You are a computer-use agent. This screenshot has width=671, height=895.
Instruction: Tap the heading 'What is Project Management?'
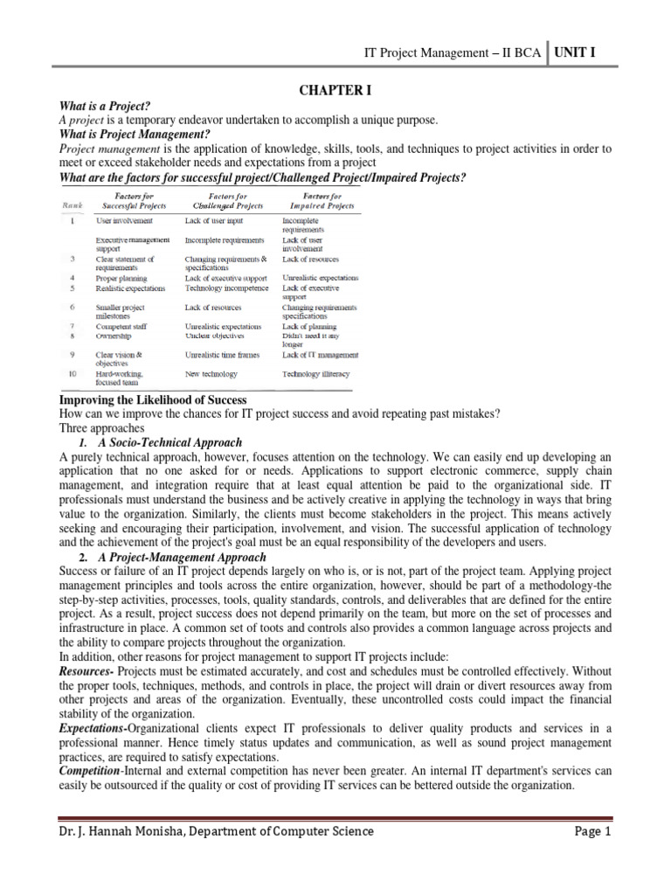tap(134, 134)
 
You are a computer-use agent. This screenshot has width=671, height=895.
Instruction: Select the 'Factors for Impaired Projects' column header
tap(316, 200)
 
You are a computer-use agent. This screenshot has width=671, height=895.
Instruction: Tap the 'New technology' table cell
tap(211, 373)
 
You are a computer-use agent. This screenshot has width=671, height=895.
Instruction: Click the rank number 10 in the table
tap(76, 373)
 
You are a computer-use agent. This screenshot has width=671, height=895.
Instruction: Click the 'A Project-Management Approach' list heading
tap(178, 557)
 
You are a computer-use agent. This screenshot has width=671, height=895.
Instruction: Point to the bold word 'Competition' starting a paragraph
tap(93, 772)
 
